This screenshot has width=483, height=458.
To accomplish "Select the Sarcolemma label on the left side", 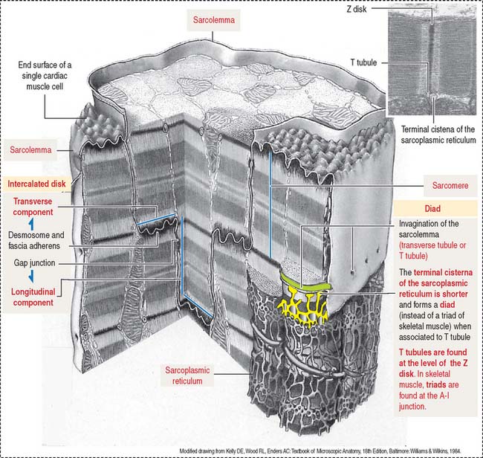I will click(30, 151).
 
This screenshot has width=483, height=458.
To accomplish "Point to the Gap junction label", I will click(37, 263).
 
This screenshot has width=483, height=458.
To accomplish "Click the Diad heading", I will click(434, 209).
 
